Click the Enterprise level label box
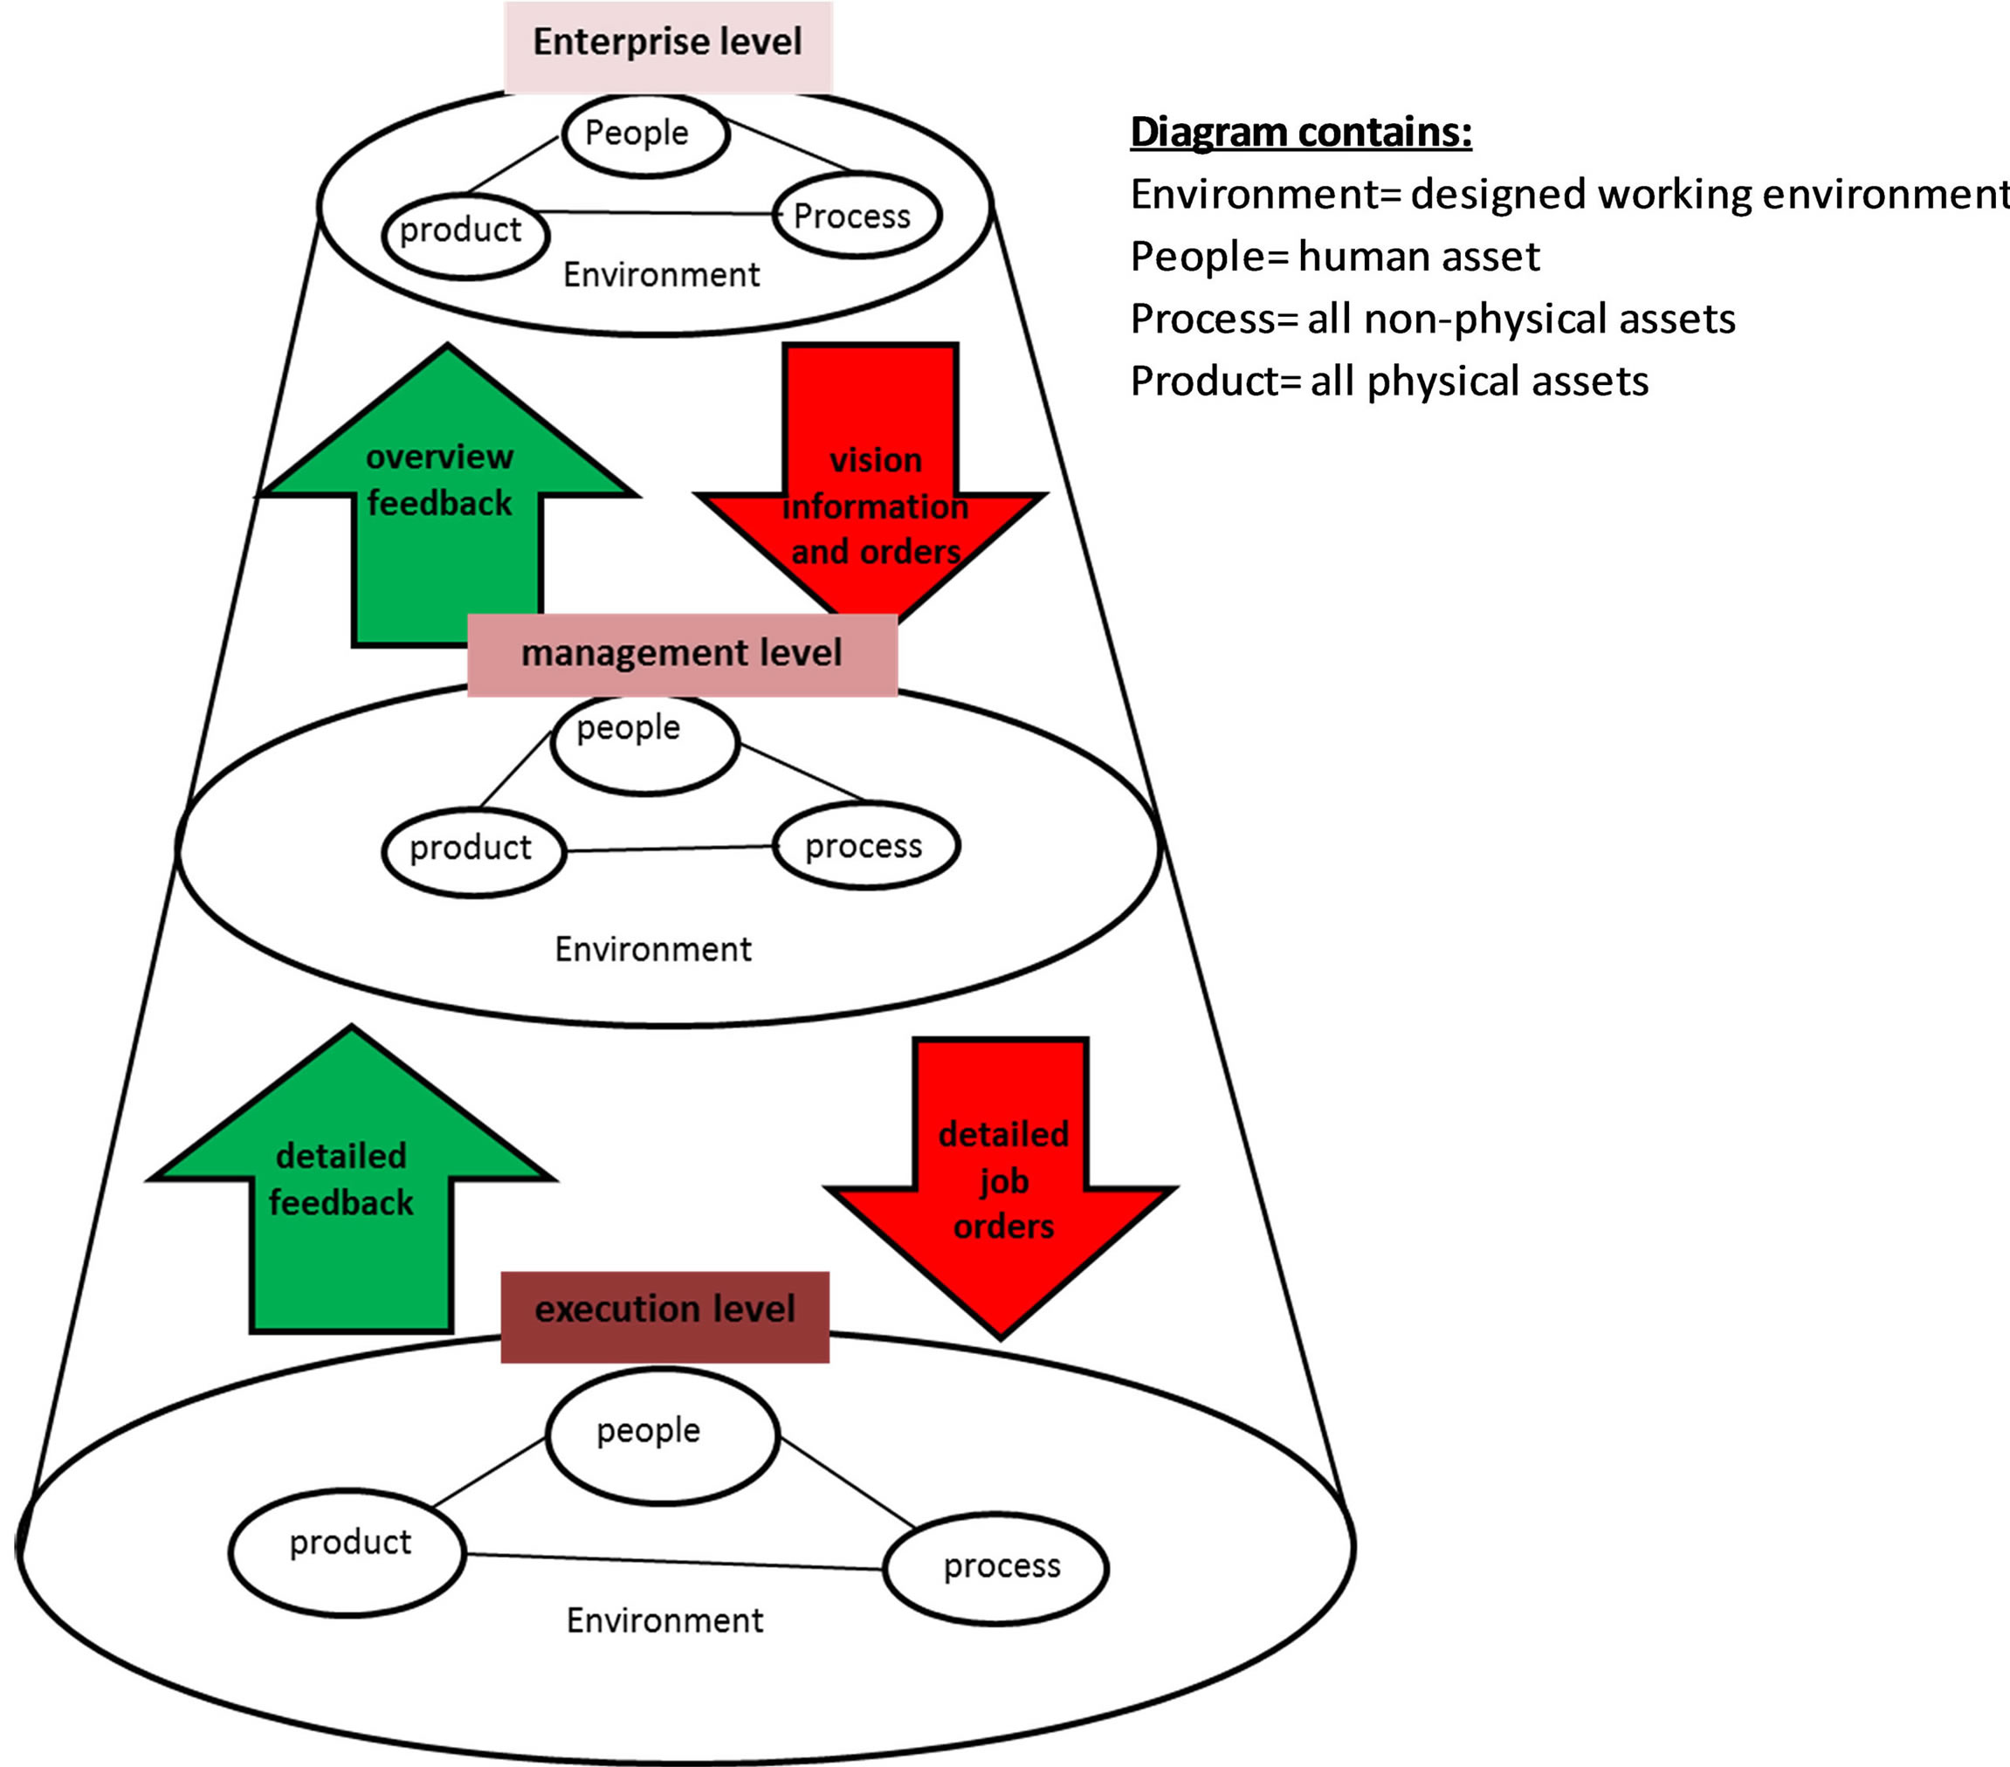click(x=668, y=45)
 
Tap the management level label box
click(x=681, y=654)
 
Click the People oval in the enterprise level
click(x=645, y=134)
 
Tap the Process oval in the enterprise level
click(x=856, y=217)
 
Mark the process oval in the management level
click(x=865, y=847)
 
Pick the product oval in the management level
click(x=473, y=849)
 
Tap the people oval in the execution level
click(x=662, y=1435)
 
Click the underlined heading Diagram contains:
click(x=1300, y=132)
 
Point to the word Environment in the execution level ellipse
click(x=664, y=1620)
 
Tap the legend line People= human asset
click(x=1334, y=257)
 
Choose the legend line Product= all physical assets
click(x=1388, y=382)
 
